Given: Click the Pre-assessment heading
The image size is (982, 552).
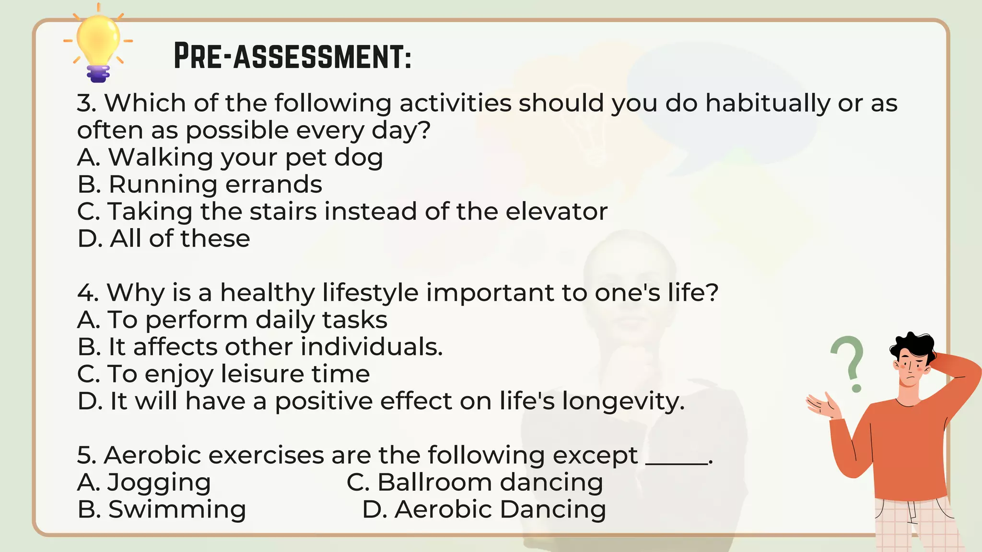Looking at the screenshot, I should pos(292,57).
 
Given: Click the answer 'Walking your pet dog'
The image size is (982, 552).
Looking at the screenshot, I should pos(230,158).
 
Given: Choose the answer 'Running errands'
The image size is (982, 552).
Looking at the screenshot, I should pos(200,184).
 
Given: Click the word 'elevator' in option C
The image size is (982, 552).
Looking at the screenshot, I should pos(556,211).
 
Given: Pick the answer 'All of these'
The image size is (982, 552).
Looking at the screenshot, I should pos(164,239).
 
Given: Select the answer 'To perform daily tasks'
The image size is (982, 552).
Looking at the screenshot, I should pos(233,320).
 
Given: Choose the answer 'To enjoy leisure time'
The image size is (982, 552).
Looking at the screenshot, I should pos(223,374).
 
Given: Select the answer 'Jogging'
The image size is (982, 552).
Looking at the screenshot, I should pos(144,483).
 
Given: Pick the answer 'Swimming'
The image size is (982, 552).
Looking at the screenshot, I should pos(162,509).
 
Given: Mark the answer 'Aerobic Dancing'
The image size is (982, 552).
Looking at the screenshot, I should pos(484,509).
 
